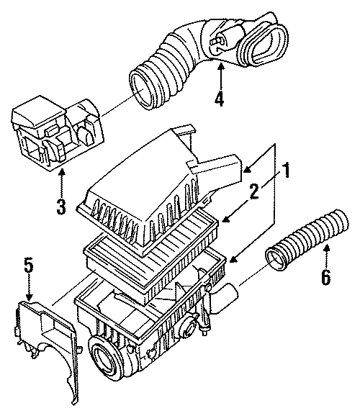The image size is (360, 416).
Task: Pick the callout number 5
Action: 28,265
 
